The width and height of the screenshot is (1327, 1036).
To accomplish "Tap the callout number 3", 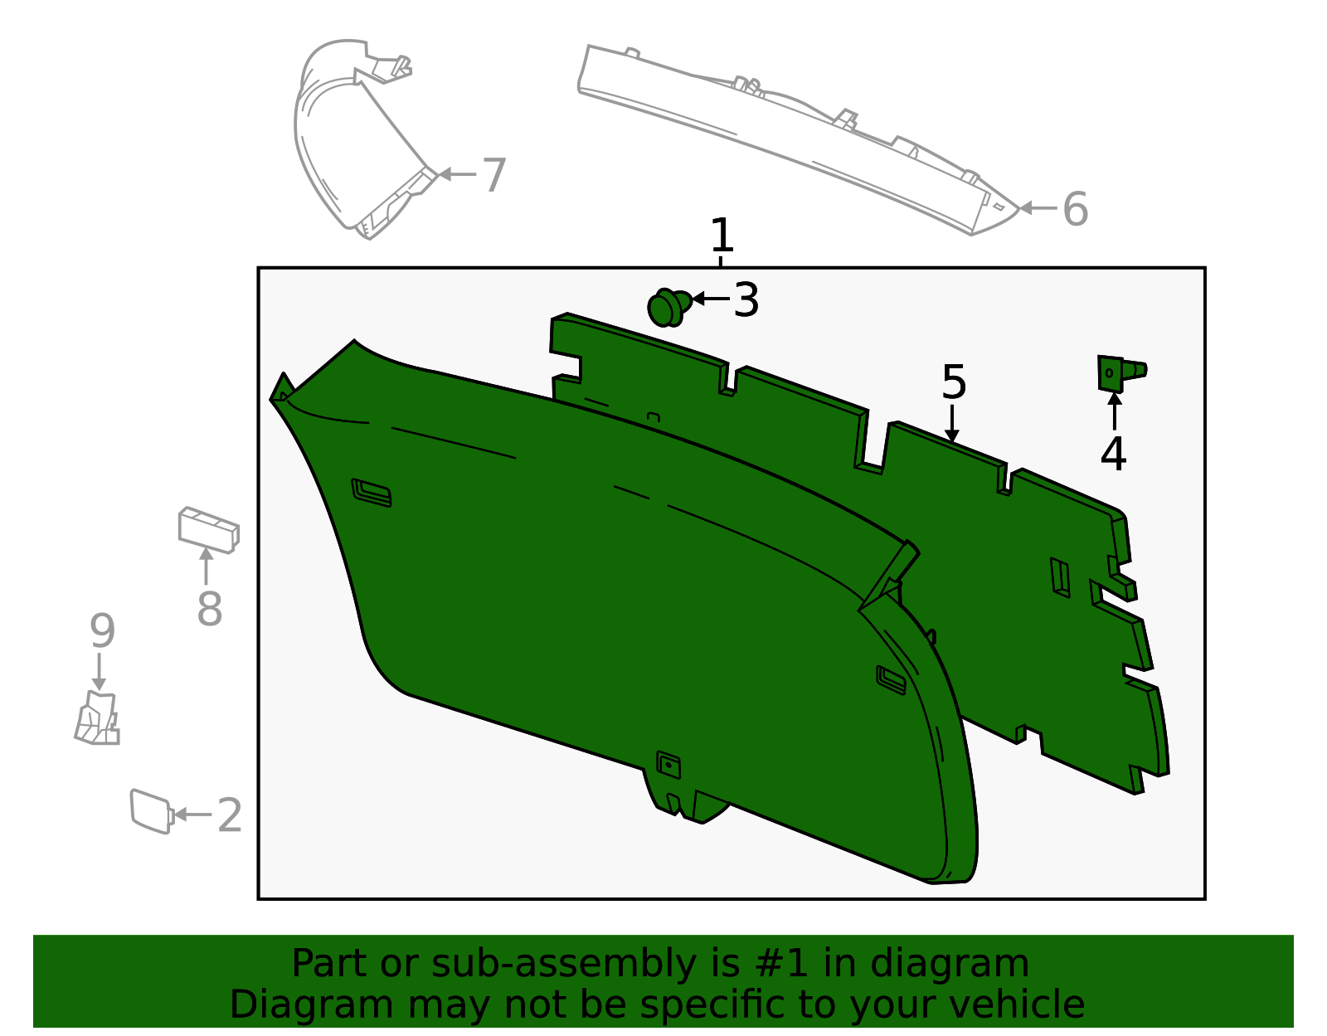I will point(746,300).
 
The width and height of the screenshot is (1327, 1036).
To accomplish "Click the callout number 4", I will point(1113,454).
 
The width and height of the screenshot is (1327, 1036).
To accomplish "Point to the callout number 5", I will point(954,382).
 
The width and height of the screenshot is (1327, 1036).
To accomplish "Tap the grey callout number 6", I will point(1075,209).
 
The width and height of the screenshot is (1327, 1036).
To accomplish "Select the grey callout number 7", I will point(493,176).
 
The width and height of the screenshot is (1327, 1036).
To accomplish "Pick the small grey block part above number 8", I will point(209,529).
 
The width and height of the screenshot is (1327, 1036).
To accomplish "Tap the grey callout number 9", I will point(101,632).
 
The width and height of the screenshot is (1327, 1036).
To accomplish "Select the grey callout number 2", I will point(229,815).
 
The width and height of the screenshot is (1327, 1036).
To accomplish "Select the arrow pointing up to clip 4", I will point(1114,411).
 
